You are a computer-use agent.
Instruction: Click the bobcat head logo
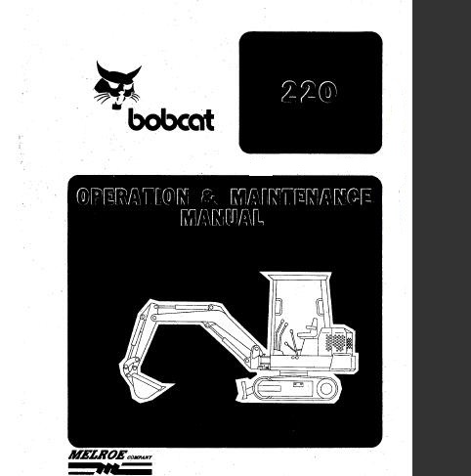117,85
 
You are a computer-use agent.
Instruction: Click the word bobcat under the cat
171,120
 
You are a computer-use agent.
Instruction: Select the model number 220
309,92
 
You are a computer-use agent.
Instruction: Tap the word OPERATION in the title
133,196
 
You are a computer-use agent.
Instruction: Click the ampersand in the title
210,196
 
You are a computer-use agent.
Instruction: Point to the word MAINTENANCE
301,197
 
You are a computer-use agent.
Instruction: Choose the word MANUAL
222,217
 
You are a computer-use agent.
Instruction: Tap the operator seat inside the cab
309,329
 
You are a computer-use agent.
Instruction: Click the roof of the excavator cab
296,276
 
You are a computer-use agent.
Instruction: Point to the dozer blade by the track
245,388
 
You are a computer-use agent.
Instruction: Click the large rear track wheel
325,389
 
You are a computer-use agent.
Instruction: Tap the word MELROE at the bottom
96,454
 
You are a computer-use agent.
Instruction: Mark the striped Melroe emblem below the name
109,468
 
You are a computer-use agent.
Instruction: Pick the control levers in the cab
287,339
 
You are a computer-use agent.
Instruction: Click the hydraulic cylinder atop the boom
183,307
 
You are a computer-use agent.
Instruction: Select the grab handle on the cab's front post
278,306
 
